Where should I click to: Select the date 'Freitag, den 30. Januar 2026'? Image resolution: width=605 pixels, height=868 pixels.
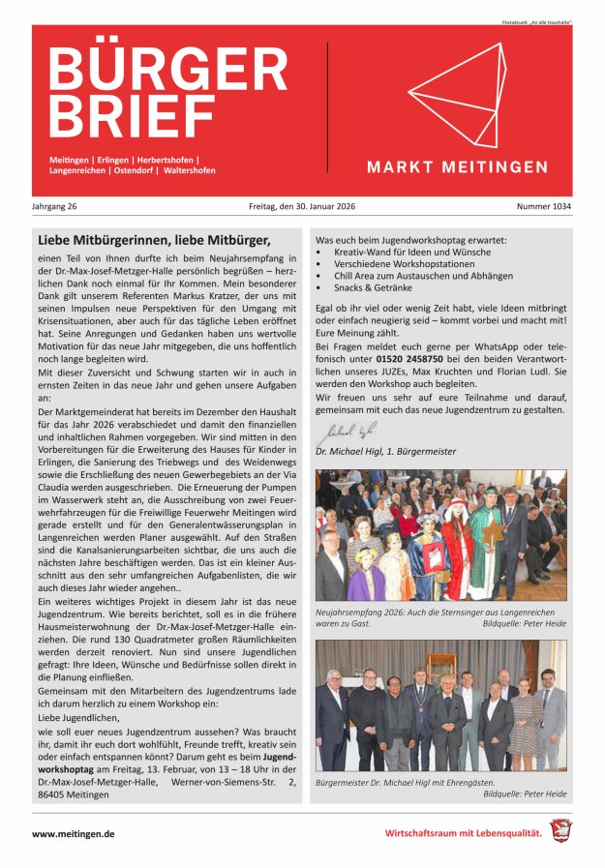pyautogui.click(x=301, y=206)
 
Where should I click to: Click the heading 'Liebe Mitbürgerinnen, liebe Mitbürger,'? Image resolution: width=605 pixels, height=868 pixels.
pyautogui.click(x=153, y=240)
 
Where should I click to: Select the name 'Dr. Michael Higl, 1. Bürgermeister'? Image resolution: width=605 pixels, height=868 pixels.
pyautogui.click(x=385, y=451)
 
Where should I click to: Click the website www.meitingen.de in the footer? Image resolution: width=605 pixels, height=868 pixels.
pyautogui.click(x=74, y=833)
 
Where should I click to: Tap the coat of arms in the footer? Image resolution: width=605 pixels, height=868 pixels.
pyautogui.click(x=560, y=830)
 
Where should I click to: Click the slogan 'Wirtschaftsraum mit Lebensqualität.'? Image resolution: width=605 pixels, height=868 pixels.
pyautogui.click(x=462, y=833)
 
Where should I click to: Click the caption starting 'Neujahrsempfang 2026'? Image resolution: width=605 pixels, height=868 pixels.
pyautogui.click(x=436, y=613)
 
